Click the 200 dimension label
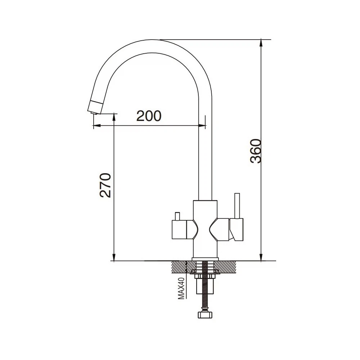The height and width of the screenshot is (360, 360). [149, 116]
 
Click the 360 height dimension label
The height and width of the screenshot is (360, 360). [256, 151]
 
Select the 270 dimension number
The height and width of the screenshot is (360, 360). [105, 185]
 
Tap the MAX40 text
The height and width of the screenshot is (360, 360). [181, 288]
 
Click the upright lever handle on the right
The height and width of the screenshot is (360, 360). [237, 206]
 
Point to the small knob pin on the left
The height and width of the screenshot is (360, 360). [177, 216]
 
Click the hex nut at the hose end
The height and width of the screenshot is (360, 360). [205, 314]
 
